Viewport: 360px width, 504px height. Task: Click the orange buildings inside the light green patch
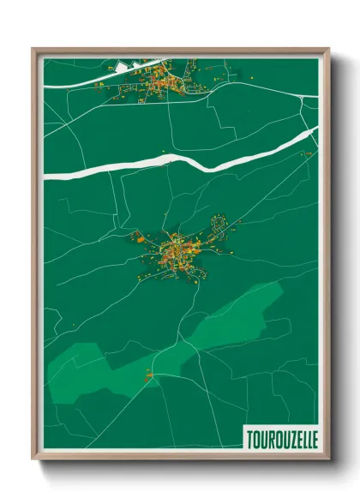149,374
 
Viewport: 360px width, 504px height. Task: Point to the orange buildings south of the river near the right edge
306,153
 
